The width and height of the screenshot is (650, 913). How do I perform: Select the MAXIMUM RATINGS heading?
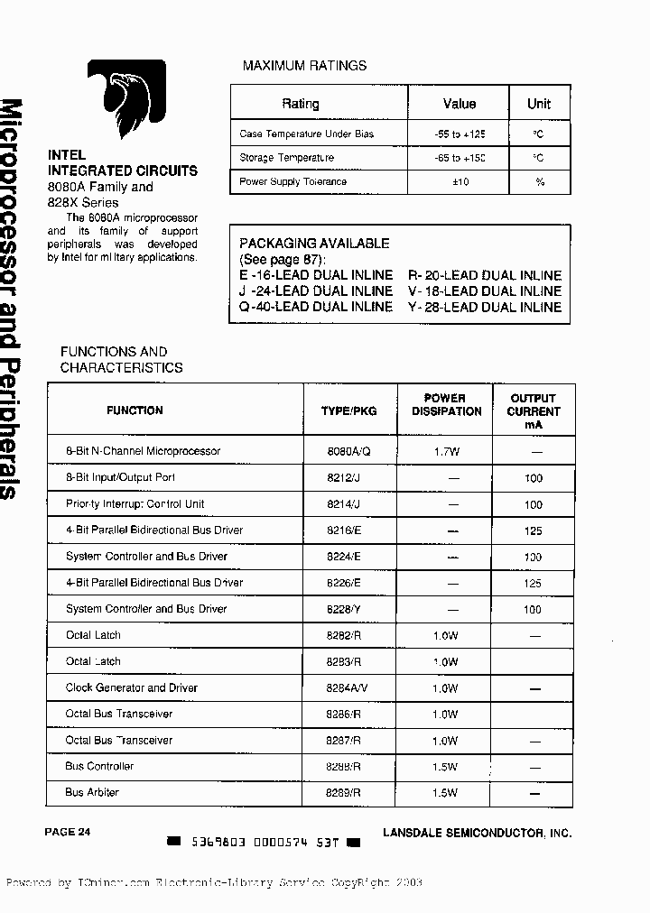click(304, 66)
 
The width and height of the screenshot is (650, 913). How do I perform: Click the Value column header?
click(459, 104)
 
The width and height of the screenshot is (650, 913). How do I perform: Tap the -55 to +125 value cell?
click(459, 134)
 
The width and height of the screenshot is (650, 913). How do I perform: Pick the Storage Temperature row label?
click(286, 158)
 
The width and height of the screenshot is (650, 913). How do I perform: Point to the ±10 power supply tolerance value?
click(459, 182)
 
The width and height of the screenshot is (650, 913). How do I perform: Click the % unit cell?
click(539, 182)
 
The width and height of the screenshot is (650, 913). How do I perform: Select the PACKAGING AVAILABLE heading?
click(314, 244)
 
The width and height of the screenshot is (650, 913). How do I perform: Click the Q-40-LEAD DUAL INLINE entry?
click(316, 307)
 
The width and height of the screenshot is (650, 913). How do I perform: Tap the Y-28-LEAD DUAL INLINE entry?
click(485, 307)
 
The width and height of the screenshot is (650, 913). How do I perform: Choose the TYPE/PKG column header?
click(348, 410)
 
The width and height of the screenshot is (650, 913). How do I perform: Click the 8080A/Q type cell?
click(348, 451)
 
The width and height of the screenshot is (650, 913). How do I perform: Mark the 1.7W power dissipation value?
click(446, 451)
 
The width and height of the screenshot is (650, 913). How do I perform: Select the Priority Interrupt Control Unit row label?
click(135, 503)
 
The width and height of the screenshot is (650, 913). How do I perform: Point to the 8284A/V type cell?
click(348, 687)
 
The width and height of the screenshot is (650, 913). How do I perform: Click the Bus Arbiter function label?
click(92, 792)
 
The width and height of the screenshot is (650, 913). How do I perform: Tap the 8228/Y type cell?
click(348, 609)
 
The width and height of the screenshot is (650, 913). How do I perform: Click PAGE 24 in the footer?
click(68, 832)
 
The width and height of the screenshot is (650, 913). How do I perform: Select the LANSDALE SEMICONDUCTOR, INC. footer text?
click(477, 834)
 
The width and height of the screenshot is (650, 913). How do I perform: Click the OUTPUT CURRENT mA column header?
click(533, 410)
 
